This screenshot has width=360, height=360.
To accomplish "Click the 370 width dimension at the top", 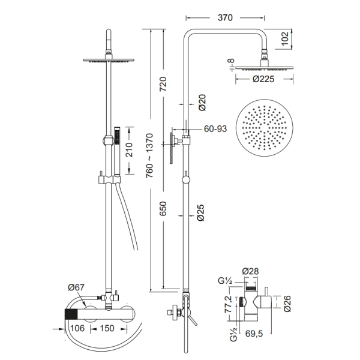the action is click(x=225, y=17).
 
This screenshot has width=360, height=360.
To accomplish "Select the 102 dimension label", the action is click(x=285, y=39).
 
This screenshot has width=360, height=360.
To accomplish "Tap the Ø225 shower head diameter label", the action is click(x=263, y=79).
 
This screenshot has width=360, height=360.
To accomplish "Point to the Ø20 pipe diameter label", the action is click(x=202, y=103).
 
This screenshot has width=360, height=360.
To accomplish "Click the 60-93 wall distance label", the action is click(x=215, y=129).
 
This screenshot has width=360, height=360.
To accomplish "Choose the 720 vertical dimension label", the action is click(x=163, y=84).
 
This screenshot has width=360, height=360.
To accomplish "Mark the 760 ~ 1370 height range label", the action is click(x=149, y=155).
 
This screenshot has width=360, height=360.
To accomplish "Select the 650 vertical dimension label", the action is click(x=163, y=209).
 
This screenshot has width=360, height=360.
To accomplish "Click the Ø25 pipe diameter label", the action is click(x=200, y=212).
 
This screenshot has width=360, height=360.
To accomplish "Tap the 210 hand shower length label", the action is click(x=130, y=150).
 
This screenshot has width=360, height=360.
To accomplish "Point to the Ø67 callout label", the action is click(x=76, y=287).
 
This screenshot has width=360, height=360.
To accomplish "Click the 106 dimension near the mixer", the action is click(x=77, y=328).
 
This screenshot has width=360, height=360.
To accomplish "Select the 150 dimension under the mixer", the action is click(x=107, y=328).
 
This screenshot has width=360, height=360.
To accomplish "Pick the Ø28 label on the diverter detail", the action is click(x=250, y=271).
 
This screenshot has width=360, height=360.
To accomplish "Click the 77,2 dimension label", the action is click(x=229, y=304).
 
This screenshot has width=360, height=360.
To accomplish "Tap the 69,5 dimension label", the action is click(x=254, y=334).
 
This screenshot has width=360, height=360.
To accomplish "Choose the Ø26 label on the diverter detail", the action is click(x=287, y=304).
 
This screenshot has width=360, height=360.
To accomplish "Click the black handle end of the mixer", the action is click(x=71, y=314).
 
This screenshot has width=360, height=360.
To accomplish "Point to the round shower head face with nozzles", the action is click(x=265, y=128).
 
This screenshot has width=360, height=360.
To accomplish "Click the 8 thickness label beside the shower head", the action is click(x=232, y=61).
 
